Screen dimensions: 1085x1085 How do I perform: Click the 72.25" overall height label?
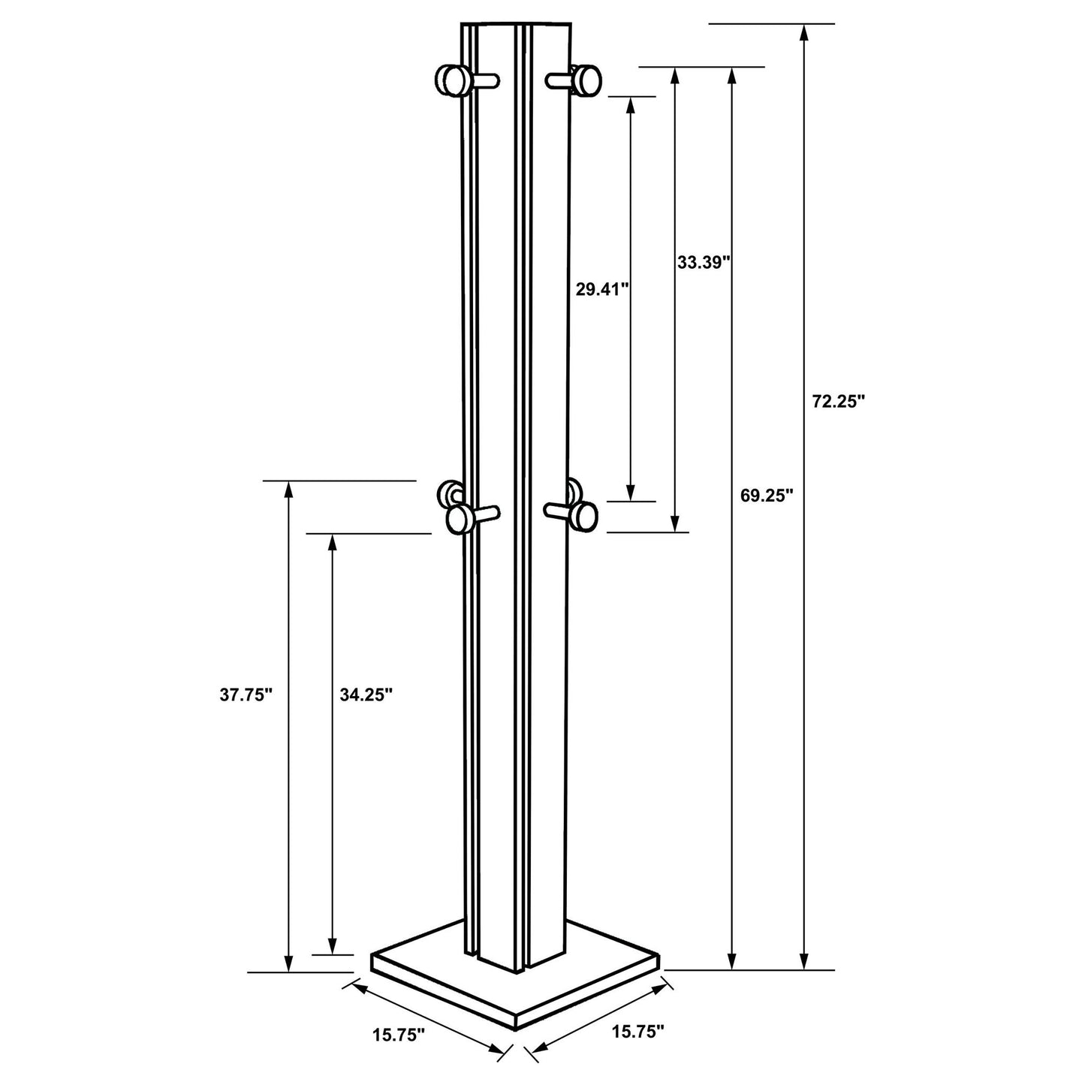838,402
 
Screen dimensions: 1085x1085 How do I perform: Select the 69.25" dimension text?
766,496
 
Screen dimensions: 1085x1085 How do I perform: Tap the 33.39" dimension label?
704,262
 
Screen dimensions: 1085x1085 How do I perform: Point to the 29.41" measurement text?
601,290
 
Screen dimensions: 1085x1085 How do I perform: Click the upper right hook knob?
586,81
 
